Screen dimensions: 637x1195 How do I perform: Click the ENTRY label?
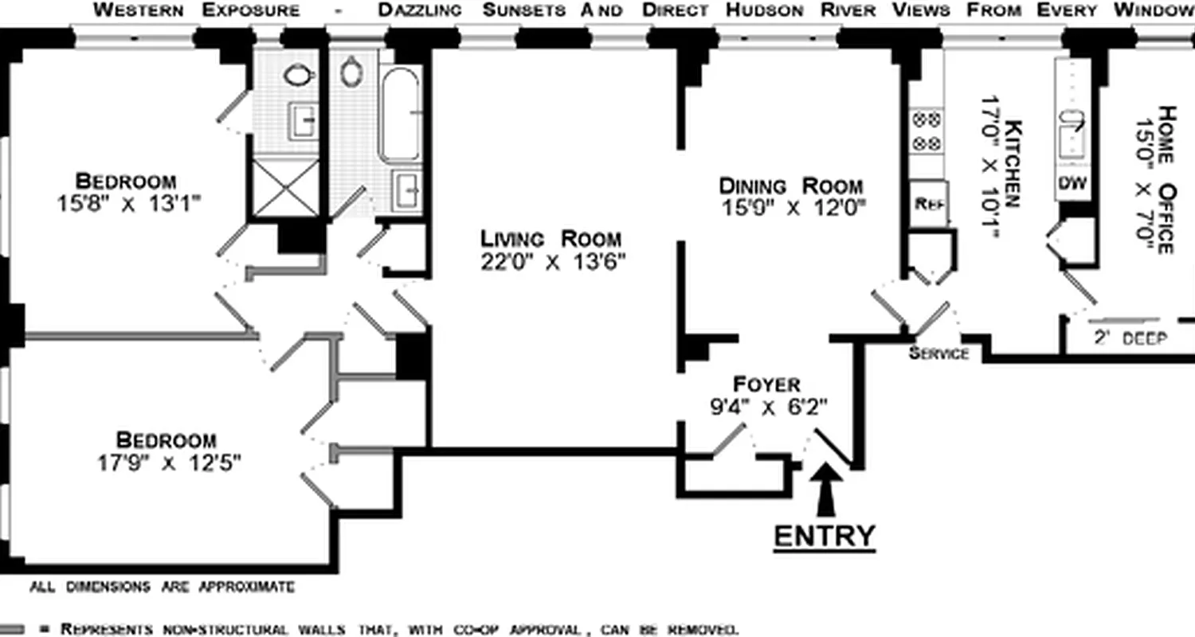[825, 536]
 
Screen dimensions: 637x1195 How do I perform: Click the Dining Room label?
[790, 186]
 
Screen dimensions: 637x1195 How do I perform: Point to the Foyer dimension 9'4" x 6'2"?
[769, 407]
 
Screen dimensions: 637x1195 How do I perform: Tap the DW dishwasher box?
[1072, 183]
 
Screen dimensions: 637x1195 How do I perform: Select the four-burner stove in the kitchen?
[927, 131]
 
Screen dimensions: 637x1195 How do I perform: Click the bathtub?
[400, 115]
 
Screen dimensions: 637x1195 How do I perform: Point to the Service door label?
[938, 354]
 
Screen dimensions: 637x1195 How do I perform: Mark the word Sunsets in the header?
[524, 10]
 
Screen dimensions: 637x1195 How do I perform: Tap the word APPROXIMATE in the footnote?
[246, 588]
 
